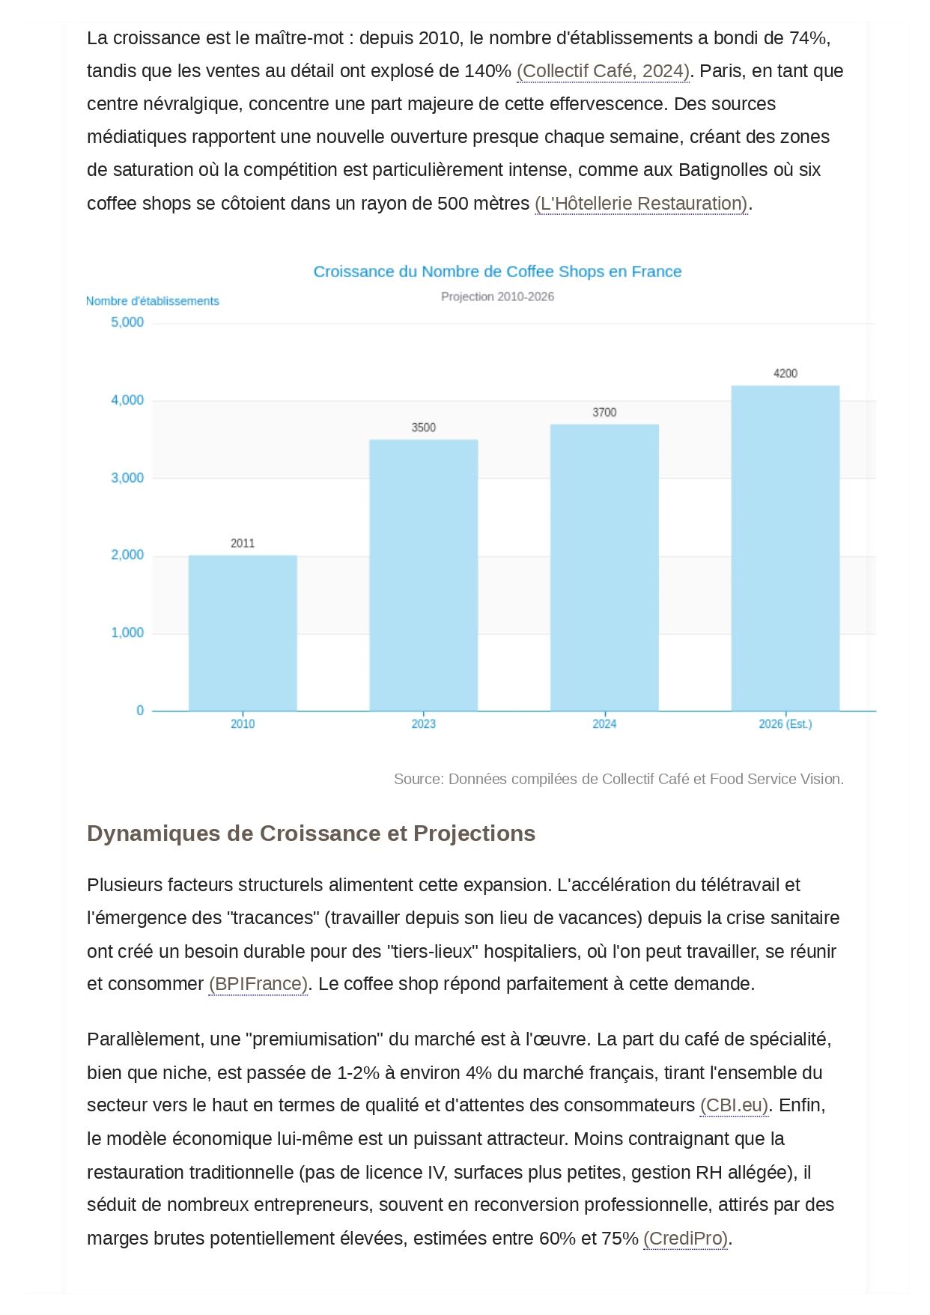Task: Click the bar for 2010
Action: (x=243, y=633)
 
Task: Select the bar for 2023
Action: (x=423, y=575)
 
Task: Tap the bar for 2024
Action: (x=604, y=568)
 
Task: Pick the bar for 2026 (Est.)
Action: (x=785, y=548)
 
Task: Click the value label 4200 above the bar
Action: (x=785, y=374)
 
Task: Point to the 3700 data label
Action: (x=604, y=413)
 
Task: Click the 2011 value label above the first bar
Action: (x=243, y=544)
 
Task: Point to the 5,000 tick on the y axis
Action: (x=127, y=323)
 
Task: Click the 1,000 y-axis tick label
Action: (x=127, y=633)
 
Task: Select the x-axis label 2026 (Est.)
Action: (x=785, y=724)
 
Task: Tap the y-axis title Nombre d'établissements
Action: (x=153, y=301)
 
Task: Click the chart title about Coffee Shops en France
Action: (x=497, y=272)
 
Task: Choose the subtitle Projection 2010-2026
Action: (x=497, y=297)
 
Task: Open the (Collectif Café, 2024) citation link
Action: (x=603, y=71)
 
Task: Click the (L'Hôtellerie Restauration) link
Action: (x=641, y=204)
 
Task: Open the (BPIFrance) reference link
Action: (x=258, y=984)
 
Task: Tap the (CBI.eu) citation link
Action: (x=734, y=1105)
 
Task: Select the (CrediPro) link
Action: (x=685, y=1239)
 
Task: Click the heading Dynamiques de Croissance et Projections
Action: (x=311, y=833)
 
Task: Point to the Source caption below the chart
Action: (x=619, y=779)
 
